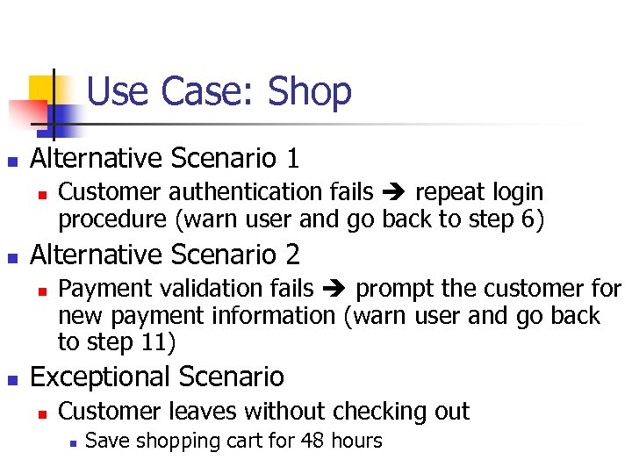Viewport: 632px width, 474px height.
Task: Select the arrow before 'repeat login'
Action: coord(393,192)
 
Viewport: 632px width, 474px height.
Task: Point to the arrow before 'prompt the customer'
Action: coord(334,289)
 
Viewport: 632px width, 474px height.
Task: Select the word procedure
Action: coord(111,219)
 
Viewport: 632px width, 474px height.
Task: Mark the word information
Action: coord(277,315)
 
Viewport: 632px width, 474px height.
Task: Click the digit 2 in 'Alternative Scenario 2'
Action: coord(291,255)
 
